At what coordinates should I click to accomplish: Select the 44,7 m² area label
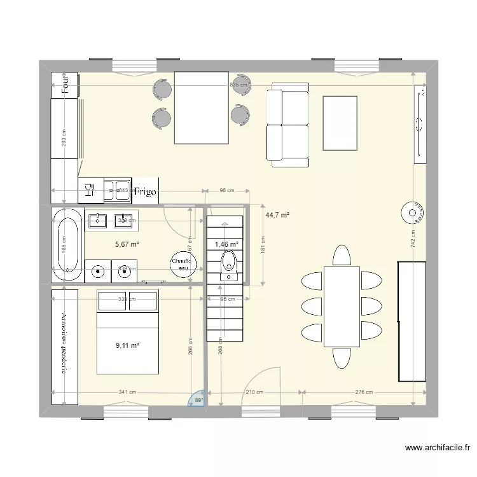point(277,216)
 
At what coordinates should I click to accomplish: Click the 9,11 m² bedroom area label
point(127,346)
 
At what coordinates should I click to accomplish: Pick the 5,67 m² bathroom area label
point(127,244)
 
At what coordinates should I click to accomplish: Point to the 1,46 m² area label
point(226,244)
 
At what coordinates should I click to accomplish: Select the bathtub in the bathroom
point(67,244)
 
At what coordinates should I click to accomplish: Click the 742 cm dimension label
point(413,238)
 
